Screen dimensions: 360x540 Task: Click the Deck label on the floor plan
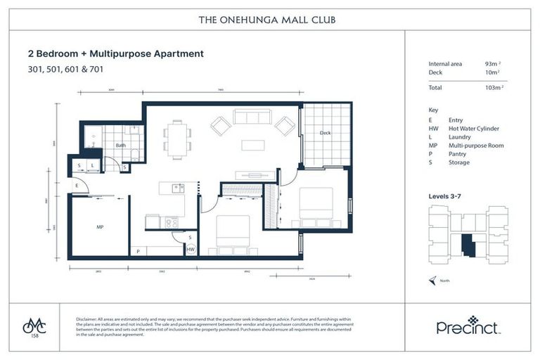click(x=325, y=133)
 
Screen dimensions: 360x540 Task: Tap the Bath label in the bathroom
click(x=120, y=146)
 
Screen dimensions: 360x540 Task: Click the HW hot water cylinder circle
click(x=191, y=249)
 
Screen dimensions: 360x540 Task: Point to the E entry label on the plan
click(x=76, y=186)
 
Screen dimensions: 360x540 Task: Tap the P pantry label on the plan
click(x=138, y=250)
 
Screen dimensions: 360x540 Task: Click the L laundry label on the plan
click(x=92, y=166)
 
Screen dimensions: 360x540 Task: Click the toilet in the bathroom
click(x=134, y=131)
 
